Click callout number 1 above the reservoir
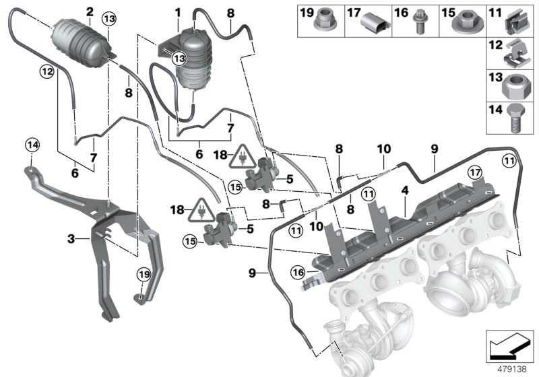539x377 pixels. pyautogui.click(x=178, y=12)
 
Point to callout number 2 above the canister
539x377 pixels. pyautogui.click(x=89, y=11)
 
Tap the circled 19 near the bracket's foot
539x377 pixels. pyautogui.click(x=144, y=274)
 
